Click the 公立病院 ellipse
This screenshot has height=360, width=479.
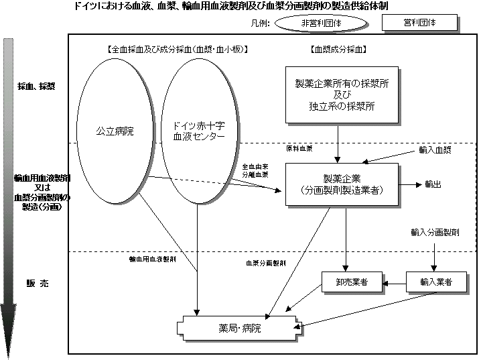pyautogui.click(x=115, y=131)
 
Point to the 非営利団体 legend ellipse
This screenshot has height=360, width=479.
pyautogui.click(x=320, y=22)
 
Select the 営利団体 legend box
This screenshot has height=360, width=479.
pyautogui.click(x=419, y=22)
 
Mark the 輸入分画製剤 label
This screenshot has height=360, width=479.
pyautogui.click(x=435, y=232)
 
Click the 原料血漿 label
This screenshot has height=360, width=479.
pyautogui.click(x=299, y=147)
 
